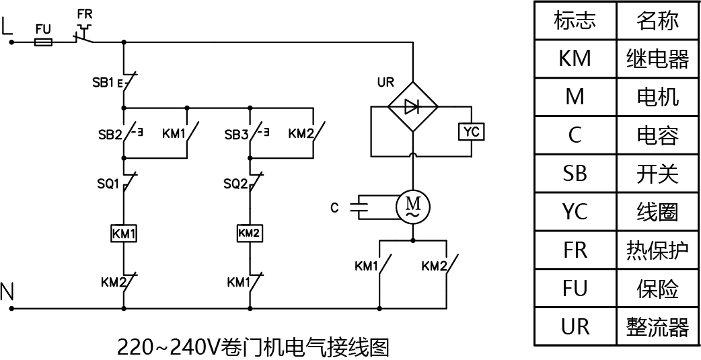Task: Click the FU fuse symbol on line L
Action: tap(44, 42)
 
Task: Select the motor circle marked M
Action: tap(412, 206)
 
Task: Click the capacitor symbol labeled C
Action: tap(362, 207)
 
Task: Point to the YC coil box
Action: tap(471, 132)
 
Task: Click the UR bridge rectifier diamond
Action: tap(412, 106)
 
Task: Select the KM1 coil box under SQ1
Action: tap(124, 233)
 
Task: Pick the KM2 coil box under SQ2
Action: tap(250, 233)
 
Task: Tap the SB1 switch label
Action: tap(103, 83)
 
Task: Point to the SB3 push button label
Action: tap(236, 133)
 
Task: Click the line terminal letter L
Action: tap(8, 26)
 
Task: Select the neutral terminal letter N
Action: tap(7, 292)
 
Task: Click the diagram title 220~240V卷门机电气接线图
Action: tap(253, 347)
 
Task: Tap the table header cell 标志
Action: tap(575, 20)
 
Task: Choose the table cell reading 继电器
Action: tap(657, 59)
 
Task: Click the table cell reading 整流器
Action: tap(657, 327)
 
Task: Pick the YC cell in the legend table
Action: tap(575, 212)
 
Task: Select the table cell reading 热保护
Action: tap(657, 250)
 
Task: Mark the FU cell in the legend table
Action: tap(575, 289)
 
